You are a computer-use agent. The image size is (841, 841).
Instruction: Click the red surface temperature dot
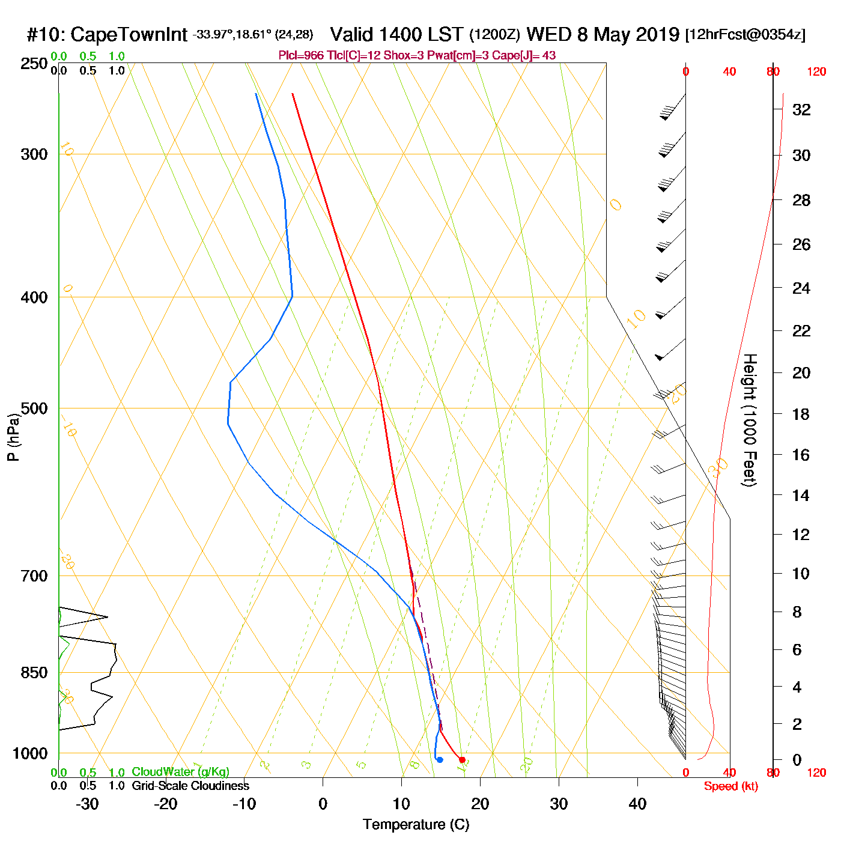pos(462,760)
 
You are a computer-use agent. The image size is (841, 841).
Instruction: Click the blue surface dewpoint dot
pos(440,760)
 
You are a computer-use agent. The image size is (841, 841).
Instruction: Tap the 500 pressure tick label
pos(34,408)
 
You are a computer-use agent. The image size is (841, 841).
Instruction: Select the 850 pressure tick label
pos(34,673)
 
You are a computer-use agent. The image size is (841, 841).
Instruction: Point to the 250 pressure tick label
pos(34,64)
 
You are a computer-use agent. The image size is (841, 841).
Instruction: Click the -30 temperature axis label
pos(87,804)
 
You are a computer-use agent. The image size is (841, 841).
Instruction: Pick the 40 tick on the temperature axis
pos(637,804)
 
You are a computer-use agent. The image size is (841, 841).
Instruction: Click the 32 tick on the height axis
pos(801,109)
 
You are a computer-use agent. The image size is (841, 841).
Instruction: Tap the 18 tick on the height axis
pos(801,414)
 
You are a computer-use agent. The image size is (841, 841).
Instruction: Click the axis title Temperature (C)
pos(416,824)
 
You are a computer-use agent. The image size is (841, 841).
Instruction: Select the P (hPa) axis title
pos(13,437)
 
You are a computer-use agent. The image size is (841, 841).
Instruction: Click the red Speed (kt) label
pos(730,786)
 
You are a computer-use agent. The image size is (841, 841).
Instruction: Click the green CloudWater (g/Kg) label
pos(180,772)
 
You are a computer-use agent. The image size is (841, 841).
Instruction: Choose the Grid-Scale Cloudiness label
pos(190,786)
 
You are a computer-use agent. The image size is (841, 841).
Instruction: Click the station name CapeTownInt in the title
pos(129,35)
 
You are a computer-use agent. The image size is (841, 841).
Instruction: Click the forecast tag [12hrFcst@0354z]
pos(745,35)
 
